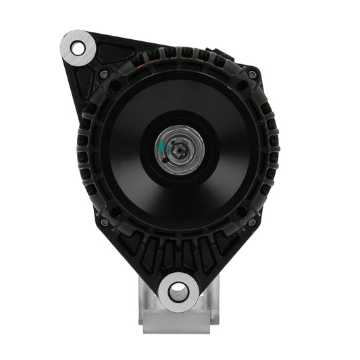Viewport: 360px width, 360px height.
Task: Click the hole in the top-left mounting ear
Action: point(77,47)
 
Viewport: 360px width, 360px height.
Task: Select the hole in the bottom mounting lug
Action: point(178,291)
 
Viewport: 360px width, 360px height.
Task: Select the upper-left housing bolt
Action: point(105,74)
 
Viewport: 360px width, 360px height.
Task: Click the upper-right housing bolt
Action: point(251,74)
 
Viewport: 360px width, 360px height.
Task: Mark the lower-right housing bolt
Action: point(251,221)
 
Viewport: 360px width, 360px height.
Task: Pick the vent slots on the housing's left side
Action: point(83,149)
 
